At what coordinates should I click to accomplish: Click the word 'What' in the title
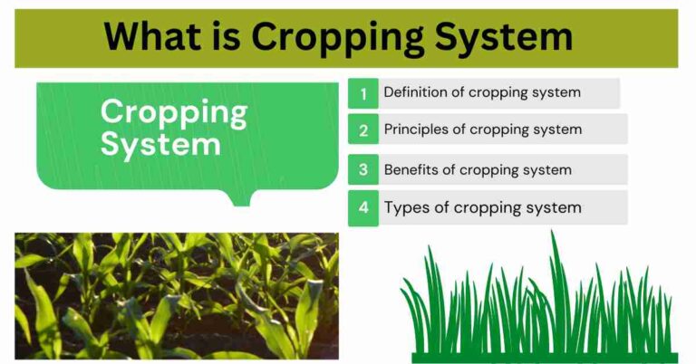[150, 37]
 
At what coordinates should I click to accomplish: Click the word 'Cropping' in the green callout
[173, 113]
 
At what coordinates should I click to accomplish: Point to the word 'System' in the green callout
[159, 144]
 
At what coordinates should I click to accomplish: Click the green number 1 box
[363, 93]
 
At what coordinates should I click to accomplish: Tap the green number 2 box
[363, 129]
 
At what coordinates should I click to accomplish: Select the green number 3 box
[363, 169]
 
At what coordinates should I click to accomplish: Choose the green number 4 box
[363, 208]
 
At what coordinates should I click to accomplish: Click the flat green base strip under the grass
[544, 357]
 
